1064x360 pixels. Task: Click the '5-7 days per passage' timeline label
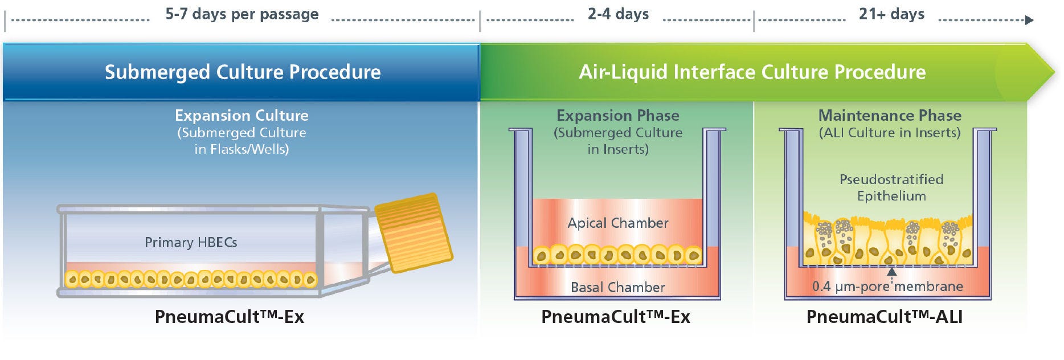(x=242, y=14)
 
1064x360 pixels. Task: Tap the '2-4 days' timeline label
(x=619, y=14)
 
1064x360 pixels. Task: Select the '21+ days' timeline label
(x=891, y=14)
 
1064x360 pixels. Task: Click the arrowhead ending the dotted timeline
(x=1029, y=21)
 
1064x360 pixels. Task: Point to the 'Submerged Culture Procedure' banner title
(x=243, y=72)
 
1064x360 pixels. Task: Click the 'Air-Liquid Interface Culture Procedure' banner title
(x=752, y=72)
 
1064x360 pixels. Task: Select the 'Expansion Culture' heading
(x=242, y=115)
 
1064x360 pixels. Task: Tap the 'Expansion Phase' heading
(x=618, y=115)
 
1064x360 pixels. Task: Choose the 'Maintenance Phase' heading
(x=890, y=115)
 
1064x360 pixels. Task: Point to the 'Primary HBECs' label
(x=191, y=242)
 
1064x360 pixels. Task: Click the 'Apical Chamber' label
(x=618, y=223)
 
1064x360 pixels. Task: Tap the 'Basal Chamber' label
(x=618, y=287)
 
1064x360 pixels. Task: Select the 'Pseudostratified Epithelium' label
(x=891, y=187)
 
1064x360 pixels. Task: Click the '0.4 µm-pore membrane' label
(x=887, y=286)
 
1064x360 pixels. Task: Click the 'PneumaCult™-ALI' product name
(x=884, y=317)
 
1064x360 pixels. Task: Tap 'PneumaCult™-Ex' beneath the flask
(x=230, y=317)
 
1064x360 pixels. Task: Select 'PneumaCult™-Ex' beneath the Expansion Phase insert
(x=616, y=317)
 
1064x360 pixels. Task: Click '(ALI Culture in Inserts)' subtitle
(x=890, y=133)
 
